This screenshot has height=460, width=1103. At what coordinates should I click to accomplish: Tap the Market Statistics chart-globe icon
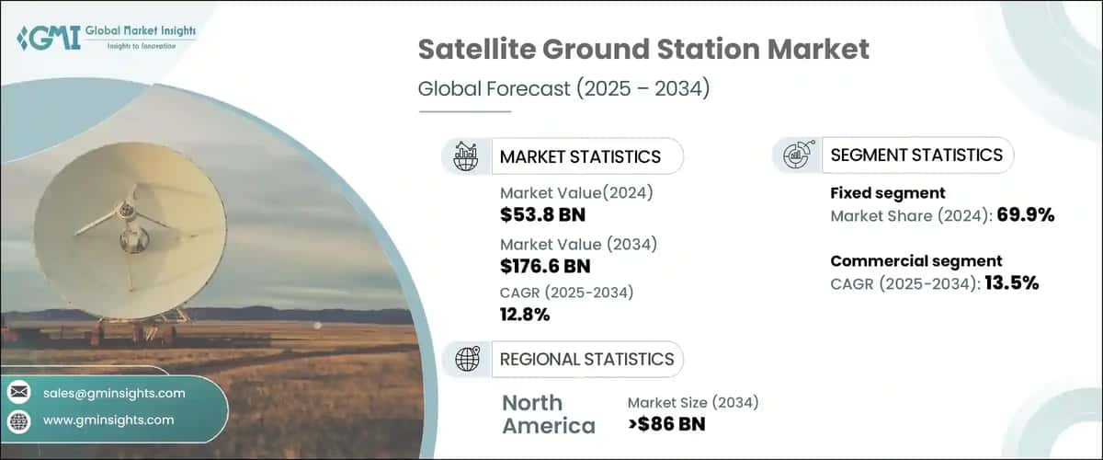[x=466, y=156]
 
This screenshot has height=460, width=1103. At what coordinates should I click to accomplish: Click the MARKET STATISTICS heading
[x=579, y=156]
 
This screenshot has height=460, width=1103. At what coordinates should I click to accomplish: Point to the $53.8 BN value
[x=542, y=215]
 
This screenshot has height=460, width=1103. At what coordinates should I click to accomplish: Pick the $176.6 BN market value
[x=545, y=267]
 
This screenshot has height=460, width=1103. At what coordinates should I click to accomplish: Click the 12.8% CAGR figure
[x=525, y=315]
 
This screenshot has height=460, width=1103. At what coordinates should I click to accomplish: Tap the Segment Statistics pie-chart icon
[x=796, y=155]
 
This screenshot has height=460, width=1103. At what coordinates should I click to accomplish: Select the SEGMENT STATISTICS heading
[x=915, y=155]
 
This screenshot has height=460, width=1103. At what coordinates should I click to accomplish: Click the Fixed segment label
[x=888, y=193]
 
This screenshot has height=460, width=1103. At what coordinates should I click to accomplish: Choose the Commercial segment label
[x=915, y=260]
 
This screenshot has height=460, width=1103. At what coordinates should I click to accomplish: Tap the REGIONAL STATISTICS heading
[x=586, y=359]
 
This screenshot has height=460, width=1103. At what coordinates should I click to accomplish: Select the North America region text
[x=548, y=414]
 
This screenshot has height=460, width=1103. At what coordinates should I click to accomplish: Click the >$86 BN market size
[x=667, y=425]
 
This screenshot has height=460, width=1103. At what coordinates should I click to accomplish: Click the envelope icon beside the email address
[x=18, y=393]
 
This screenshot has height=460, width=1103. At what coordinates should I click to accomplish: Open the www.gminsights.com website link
[x=108, y=420]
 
